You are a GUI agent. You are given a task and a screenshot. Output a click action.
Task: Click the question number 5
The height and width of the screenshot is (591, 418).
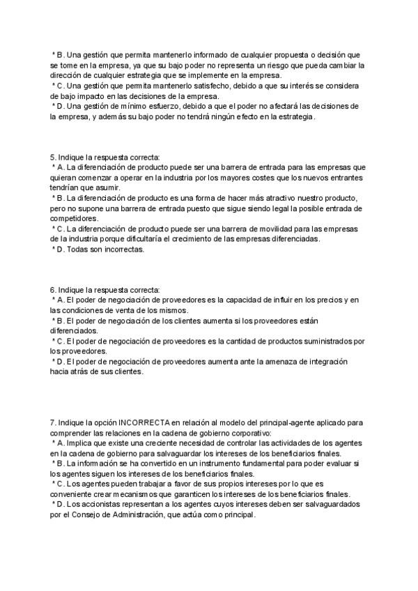coord(53,158)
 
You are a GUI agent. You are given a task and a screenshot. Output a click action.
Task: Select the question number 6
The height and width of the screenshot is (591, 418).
coord(53,290)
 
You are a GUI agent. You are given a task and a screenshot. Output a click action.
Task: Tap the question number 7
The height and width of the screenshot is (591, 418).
coord(53,422)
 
